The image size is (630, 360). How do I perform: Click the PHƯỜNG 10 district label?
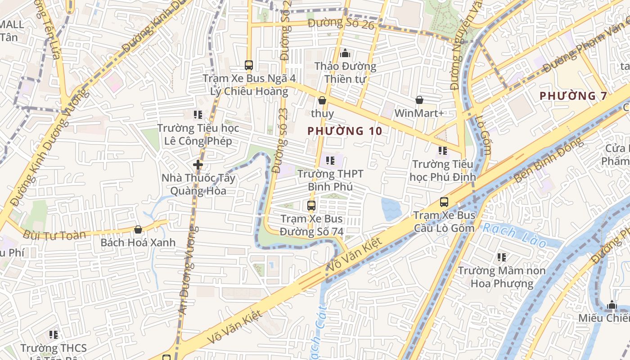click(x=345, y=131)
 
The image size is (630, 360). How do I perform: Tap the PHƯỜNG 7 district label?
click(x=573, y=96)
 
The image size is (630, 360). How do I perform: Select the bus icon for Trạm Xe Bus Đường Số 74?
click(x=311, y=206)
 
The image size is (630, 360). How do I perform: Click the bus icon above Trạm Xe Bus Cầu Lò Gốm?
click(x=444, y=202)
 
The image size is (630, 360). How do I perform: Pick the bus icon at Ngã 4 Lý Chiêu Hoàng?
click(x=249, y=65)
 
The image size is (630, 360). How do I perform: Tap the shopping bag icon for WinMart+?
click(x=419, y=100)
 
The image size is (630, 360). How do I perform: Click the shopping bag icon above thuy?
click(x=322, y=100)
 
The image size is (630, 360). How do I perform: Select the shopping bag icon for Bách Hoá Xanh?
click(x=138, y=229)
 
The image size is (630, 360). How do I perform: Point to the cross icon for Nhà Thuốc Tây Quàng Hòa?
click(x=198, y=165)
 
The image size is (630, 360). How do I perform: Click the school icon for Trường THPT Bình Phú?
click(x=330, y=160)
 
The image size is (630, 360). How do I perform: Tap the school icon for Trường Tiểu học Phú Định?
click(x=443, y=151)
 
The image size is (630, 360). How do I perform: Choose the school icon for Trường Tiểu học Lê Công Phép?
click(x=198, y=115)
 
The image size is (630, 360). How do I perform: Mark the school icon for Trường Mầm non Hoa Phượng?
click(x=502, y=257)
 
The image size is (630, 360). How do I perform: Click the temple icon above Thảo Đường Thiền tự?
click(x=345, y=53)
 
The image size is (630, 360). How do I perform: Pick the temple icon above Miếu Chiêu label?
click(x=612, y=305)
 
